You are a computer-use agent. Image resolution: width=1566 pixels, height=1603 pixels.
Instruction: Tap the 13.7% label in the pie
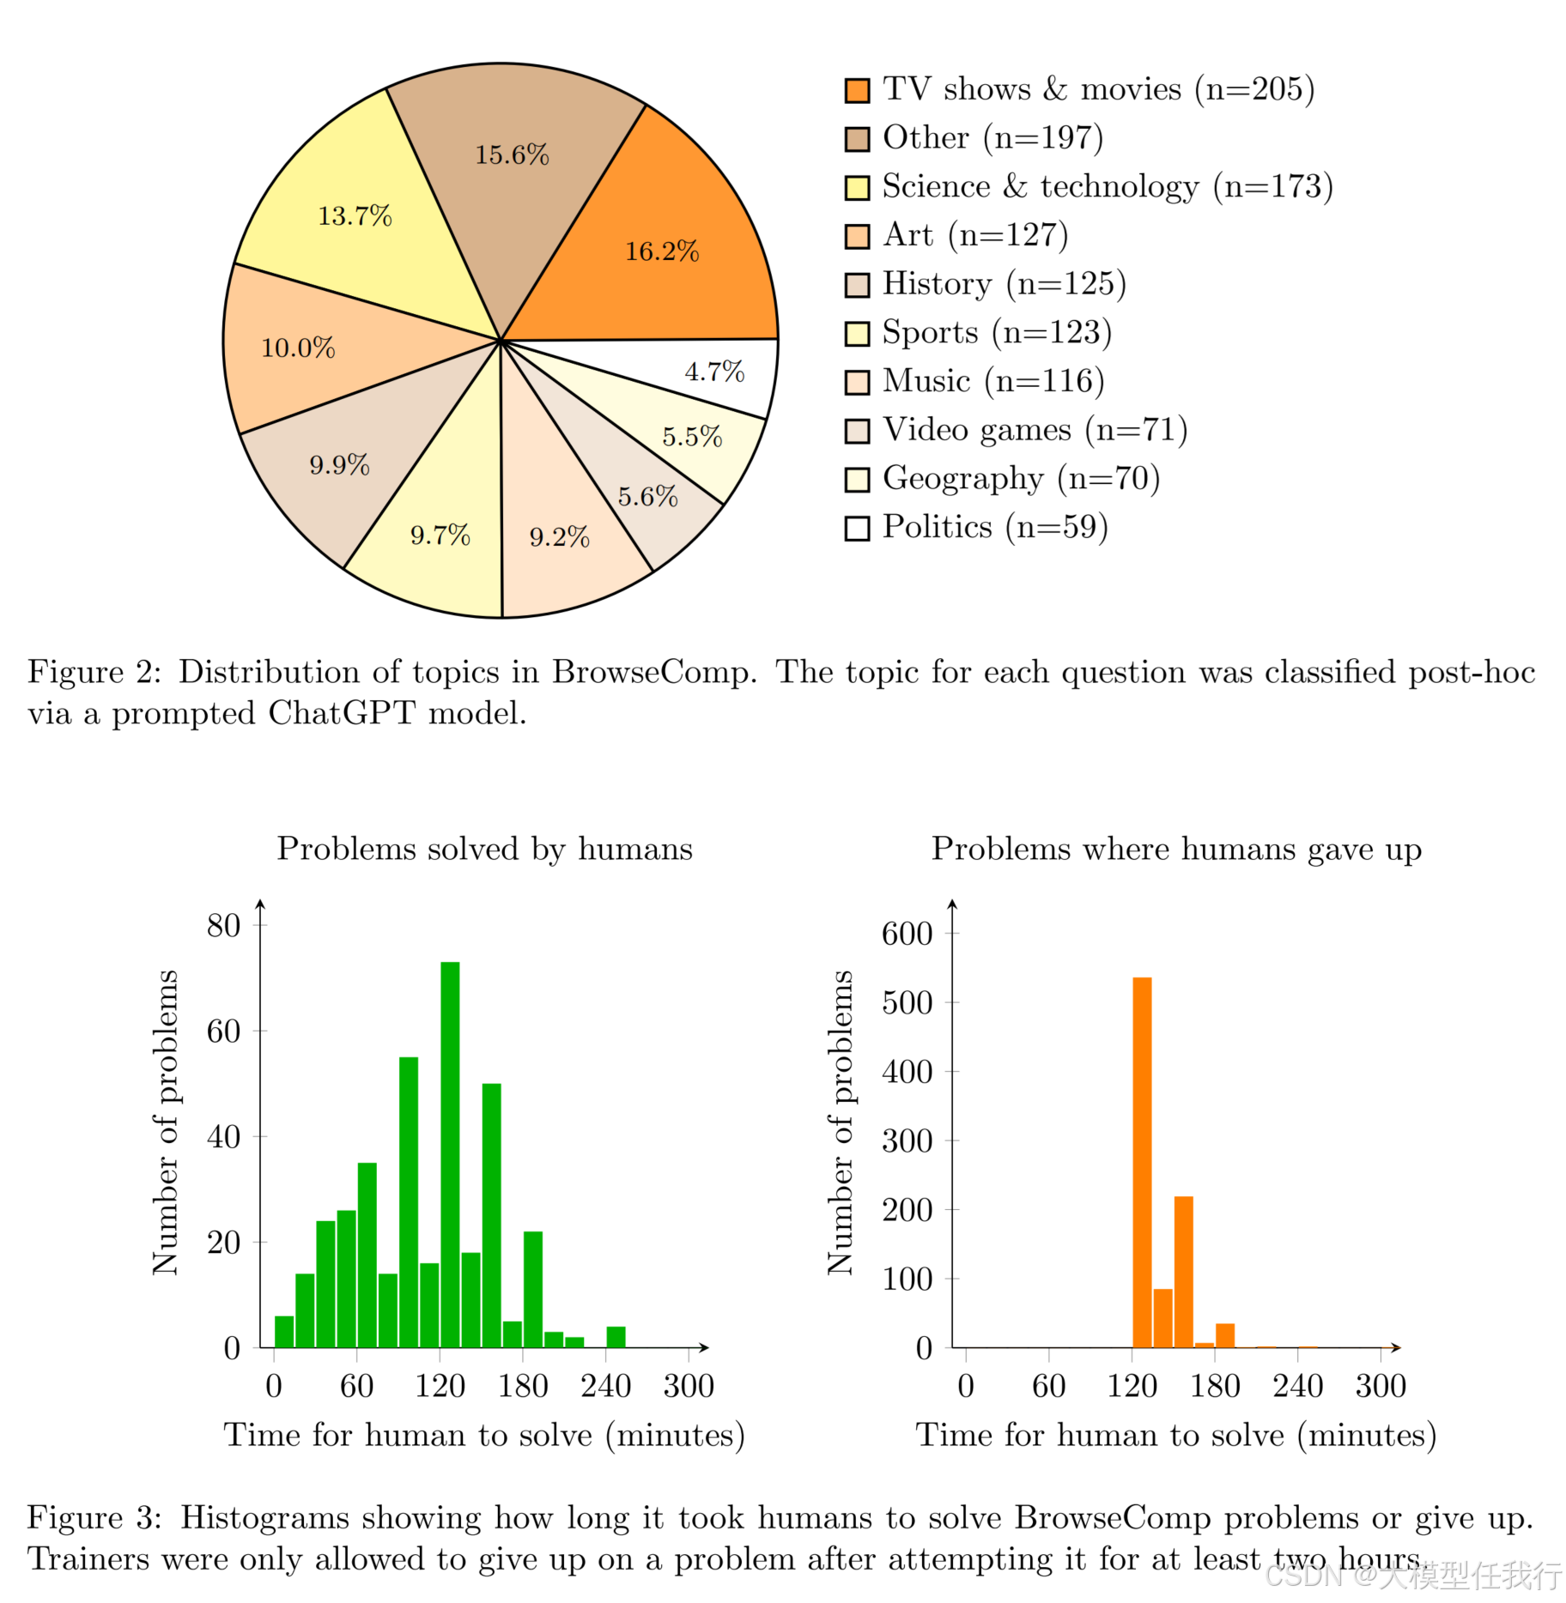(355, 215)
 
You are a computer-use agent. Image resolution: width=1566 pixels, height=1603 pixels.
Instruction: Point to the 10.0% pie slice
(298, 348)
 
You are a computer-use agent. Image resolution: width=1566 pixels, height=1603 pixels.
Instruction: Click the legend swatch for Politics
(857, 528)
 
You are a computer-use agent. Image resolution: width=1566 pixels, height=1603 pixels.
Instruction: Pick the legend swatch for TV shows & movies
(857, 90)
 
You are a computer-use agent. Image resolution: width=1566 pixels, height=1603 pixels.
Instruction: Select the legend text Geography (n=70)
(1021, 479)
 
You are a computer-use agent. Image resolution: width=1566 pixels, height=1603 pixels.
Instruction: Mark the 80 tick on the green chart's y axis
(224, 925)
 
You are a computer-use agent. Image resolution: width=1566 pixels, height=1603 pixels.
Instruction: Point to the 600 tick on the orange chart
(907, 933)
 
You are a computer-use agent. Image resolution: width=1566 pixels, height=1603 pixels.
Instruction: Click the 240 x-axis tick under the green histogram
(606, 1386)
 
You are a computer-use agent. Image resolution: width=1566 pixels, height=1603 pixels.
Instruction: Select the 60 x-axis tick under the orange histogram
(1048, 1386)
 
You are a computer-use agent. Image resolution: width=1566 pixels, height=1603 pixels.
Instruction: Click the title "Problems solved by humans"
(484, 849)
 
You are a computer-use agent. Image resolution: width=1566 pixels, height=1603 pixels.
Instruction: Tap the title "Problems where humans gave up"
(1176, 849)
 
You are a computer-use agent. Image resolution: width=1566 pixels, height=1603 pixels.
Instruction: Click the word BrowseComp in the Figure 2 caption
(654, 672)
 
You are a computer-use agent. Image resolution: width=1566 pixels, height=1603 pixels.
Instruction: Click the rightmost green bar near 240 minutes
(616, 1337)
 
